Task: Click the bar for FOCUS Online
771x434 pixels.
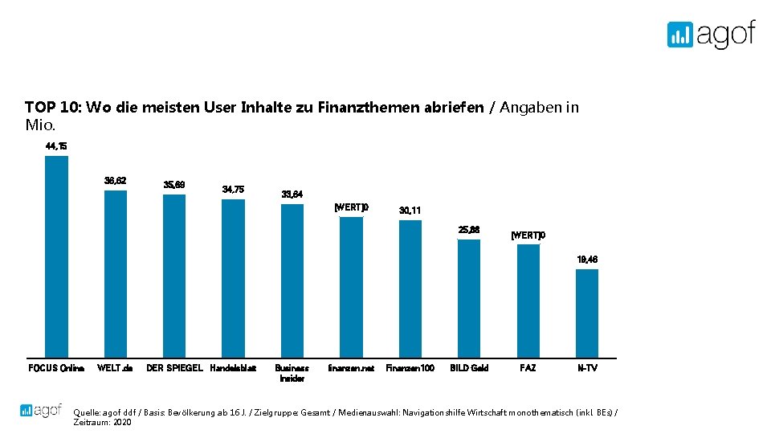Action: pyautogui.click(x=56, y=256)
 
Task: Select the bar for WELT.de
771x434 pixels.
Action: pyautogui.click(x=116, y=273)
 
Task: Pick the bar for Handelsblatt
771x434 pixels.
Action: pyautogui.click(x=233, y=278)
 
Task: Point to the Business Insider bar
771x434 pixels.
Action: pyautogui.click(x=292, y=280)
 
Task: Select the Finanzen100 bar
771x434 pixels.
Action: pyautogui.click(x=410, y=289)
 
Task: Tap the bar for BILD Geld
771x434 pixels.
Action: pyautogui.click(x=469, y=298)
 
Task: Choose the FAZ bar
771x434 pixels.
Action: pyautogui.click(x=528, y=301)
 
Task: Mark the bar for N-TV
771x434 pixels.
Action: pyautogui.click(x=587, y=313)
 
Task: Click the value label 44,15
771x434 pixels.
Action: pyautogui.click(x=56, y=146)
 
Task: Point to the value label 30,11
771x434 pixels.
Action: pyautogui.click(x=410, y=211)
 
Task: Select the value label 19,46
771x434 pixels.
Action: pyautogui.click(x=587, y=260)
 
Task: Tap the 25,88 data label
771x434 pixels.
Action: pyautogui.click(x=469, y=230)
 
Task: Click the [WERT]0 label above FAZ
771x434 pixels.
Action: pyautogui.click(x=528, y=235)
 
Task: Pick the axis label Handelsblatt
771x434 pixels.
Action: pyautogui.click(x=233, y=368)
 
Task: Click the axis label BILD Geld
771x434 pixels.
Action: pyautogui.click(x=469, y=368)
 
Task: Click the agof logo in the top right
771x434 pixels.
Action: pyautogui.click(x=711, y=35)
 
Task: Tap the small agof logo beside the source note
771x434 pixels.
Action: pyautogui.click(x=41, y=410)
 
